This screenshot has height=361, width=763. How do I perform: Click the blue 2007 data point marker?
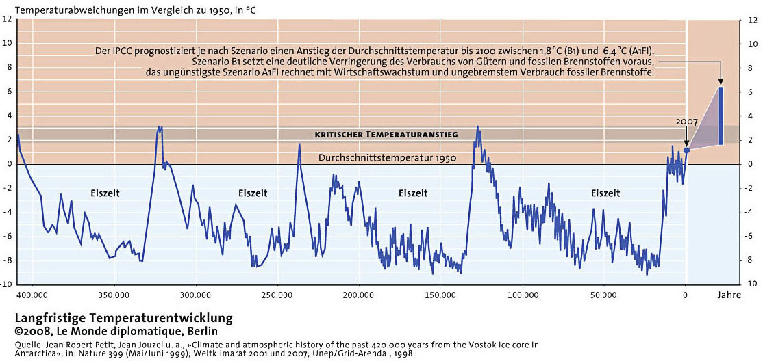click(686, 150)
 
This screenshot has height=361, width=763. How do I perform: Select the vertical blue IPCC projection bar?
click(721, 116)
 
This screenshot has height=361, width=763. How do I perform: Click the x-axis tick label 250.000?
click(277, 295)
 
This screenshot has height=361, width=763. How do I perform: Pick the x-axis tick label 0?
click(686, 295)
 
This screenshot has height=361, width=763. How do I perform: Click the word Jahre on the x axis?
click(731, 295)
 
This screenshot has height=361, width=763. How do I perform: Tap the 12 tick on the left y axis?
click(8, 20)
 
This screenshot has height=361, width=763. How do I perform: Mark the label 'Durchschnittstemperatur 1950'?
click(387, 158)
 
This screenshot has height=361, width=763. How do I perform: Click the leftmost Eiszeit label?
click(105, 193)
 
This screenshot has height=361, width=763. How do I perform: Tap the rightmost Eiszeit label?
click(605, 193)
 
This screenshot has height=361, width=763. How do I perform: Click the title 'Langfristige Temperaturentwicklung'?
click(124, 319)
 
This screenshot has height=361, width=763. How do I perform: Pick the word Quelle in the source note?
click(26, 345)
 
